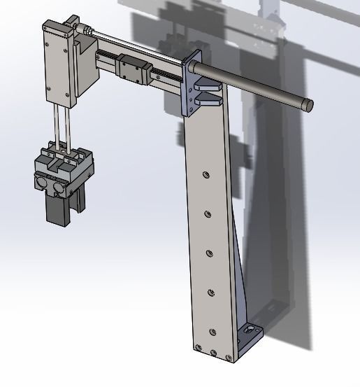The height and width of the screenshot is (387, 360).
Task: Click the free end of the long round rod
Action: coord(308,106)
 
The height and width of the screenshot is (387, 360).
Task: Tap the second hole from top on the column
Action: coord(207,214)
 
